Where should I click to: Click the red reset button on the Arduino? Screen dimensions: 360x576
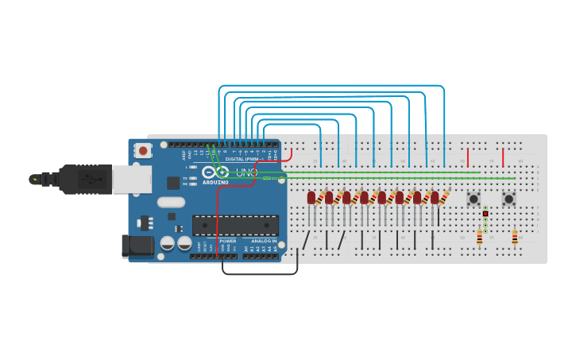(143, 149)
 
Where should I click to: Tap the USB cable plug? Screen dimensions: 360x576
(87, 179)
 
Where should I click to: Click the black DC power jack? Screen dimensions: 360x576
(137, 246)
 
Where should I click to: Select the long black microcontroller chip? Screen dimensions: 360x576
(235, 225)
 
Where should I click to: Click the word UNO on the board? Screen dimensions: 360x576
(246, 172)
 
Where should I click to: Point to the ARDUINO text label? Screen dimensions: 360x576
(215, 182)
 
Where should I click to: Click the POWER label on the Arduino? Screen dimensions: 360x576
(227, 241)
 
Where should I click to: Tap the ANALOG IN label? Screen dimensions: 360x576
(264, 241)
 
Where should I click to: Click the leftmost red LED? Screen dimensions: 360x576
(311, 197)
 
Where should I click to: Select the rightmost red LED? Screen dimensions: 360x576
(435, 197)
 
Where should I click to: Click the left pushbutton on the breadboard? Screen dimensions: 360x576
(474, 199)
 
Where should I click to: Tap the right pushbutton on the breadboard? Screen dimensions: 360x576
(508, 199)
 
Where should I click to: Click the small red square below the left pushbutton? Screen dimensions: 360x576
(485, 213)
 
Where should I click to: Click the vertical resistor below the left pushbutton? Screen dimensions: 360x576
(479, 237)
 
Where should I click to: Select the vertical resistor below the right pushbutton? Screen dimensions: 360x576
(514, 237)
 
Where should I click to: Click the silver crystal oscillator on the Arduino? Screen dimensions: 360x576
(171, 202)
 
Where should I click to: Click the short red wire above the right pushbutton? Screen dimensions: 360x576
(502, 157)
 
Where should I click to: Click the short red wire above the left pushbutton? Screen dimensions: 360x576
(467, 157)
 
